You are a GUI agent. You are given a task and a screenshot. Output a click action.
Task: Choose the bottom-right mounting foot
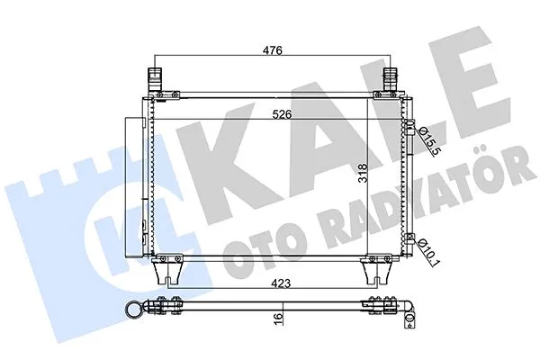point(374,270)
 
